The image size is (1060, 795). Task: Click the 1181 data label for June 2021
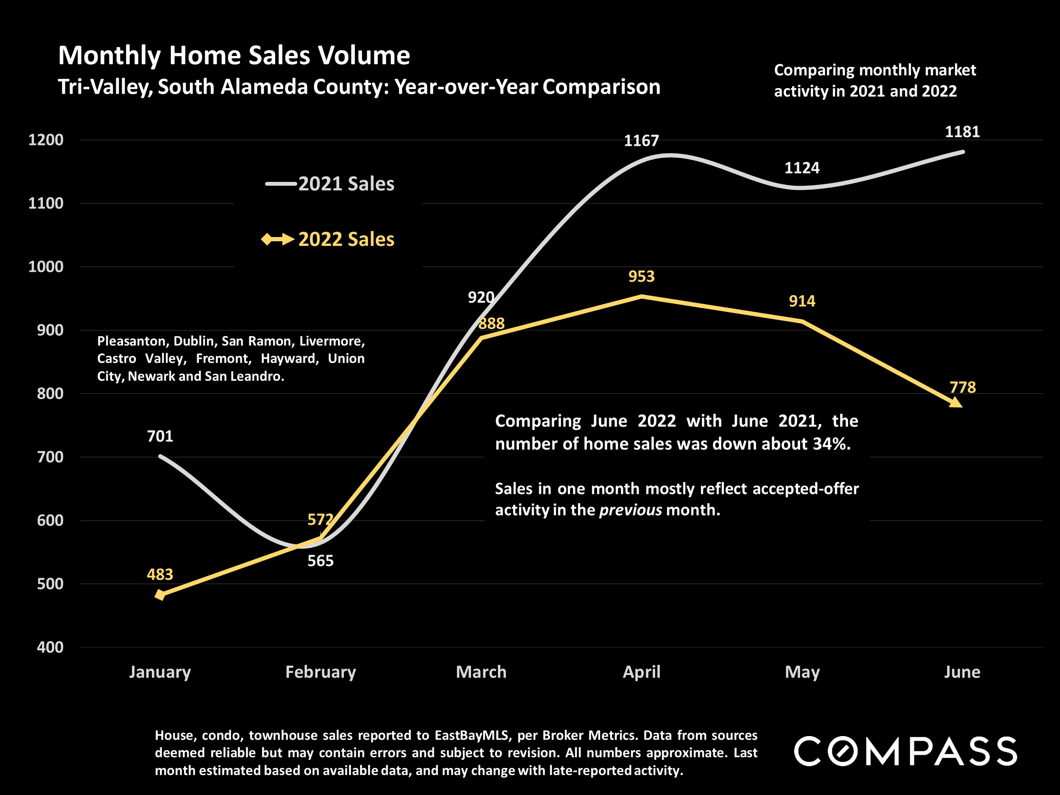(962, 132)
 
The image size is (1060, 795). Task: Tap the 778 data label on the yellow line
(962, 387)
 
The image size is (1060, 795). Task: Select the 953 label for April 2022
(641, 276)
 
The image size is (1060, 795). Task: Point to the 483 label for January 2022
(159, 574)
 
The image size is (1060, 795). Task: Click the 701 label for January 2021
(159, 436)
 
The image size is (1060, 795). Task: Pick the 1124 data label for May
(802, 168)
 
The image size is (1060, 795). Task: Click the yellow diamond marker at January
(160, 595)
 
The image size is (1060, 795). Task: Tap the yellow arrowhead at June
(956, 402)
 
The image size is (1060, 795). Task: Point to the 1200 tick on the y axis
(45, 140)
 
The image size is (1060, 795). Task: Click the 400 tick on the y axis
(50, 647)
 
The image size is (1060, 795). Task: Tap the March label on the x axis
(481, 672)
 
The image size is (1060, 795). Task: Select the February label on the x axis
(321, 672)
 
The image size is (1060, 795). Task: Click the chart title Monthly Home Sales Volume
(234, 56)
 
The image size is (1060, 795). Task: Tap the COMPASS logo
(905, 751)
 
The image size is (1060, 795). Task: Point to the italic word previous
(630, 510)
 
